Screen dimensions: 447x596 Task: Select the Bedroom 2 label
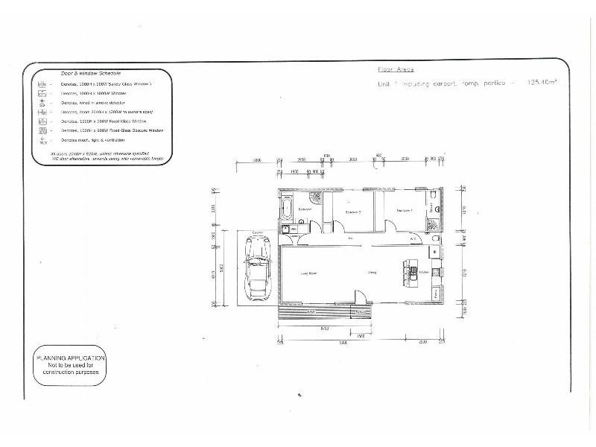pos(353,212)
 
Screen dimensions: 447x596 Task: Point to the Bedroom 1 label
pos(405,210)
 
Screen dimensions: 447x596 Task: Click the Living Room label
pos(308,274)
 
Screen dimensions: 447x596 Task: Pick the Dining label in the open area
pos(372,273)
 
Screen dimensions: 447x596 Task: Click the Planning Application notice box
pos(70,367)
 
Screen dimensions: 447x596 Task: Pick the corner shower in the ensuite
pos(434,223)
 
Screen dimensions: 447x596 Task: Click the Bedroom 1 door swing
pos(390,226)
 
